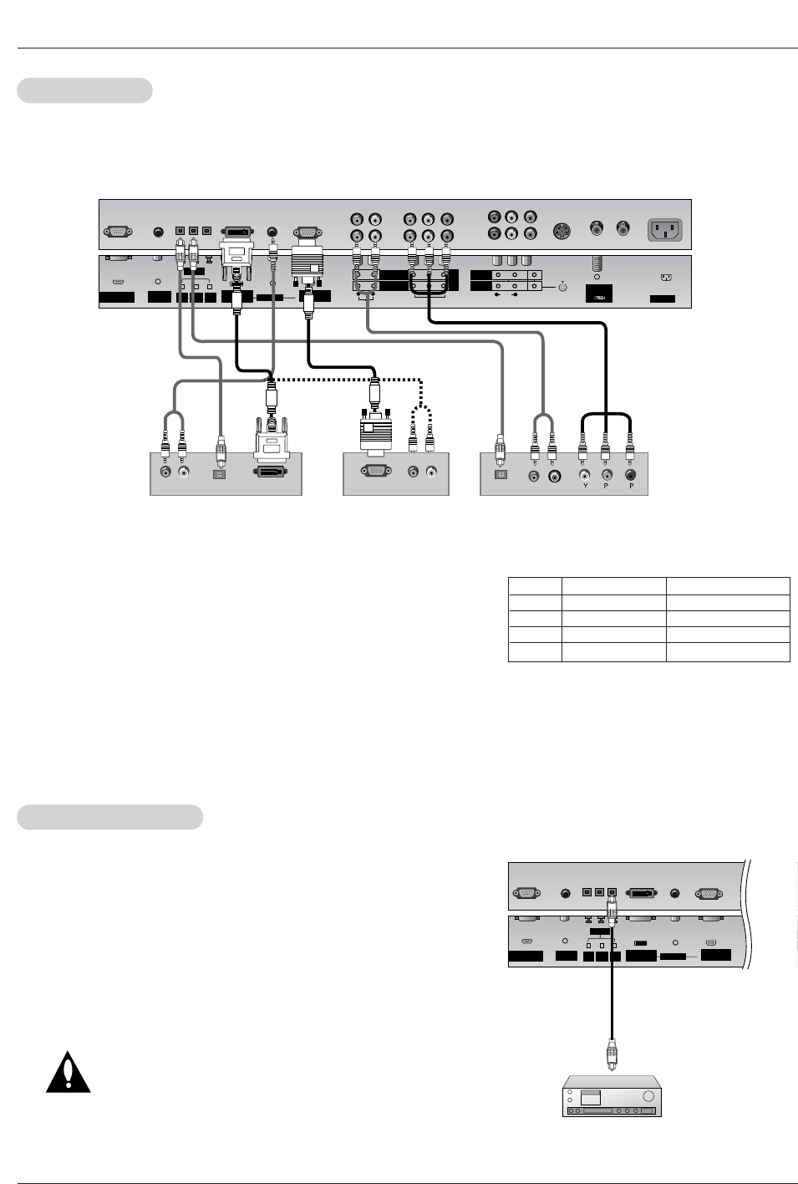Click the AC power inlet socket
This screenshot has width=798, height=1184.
click(664, 229)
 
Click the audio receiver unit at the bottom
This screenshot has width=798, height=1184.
click(612, 1096)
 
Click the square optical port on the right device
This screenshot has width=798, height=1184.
click(501, 475)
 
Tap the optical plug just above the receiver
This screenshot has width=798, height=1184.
click(611, 1058)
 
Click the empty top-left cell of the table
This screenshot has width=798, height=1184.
click(535, 586)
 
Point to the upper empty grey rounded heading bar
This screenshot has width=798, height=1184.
click(84, 90)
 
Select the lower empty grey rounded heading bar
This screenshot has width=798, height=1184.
click(109, 817)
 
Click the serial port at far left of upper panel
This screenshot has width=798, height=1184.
click(117, 230)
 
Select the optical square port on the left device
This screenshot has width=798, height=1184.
click(221, 474)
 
